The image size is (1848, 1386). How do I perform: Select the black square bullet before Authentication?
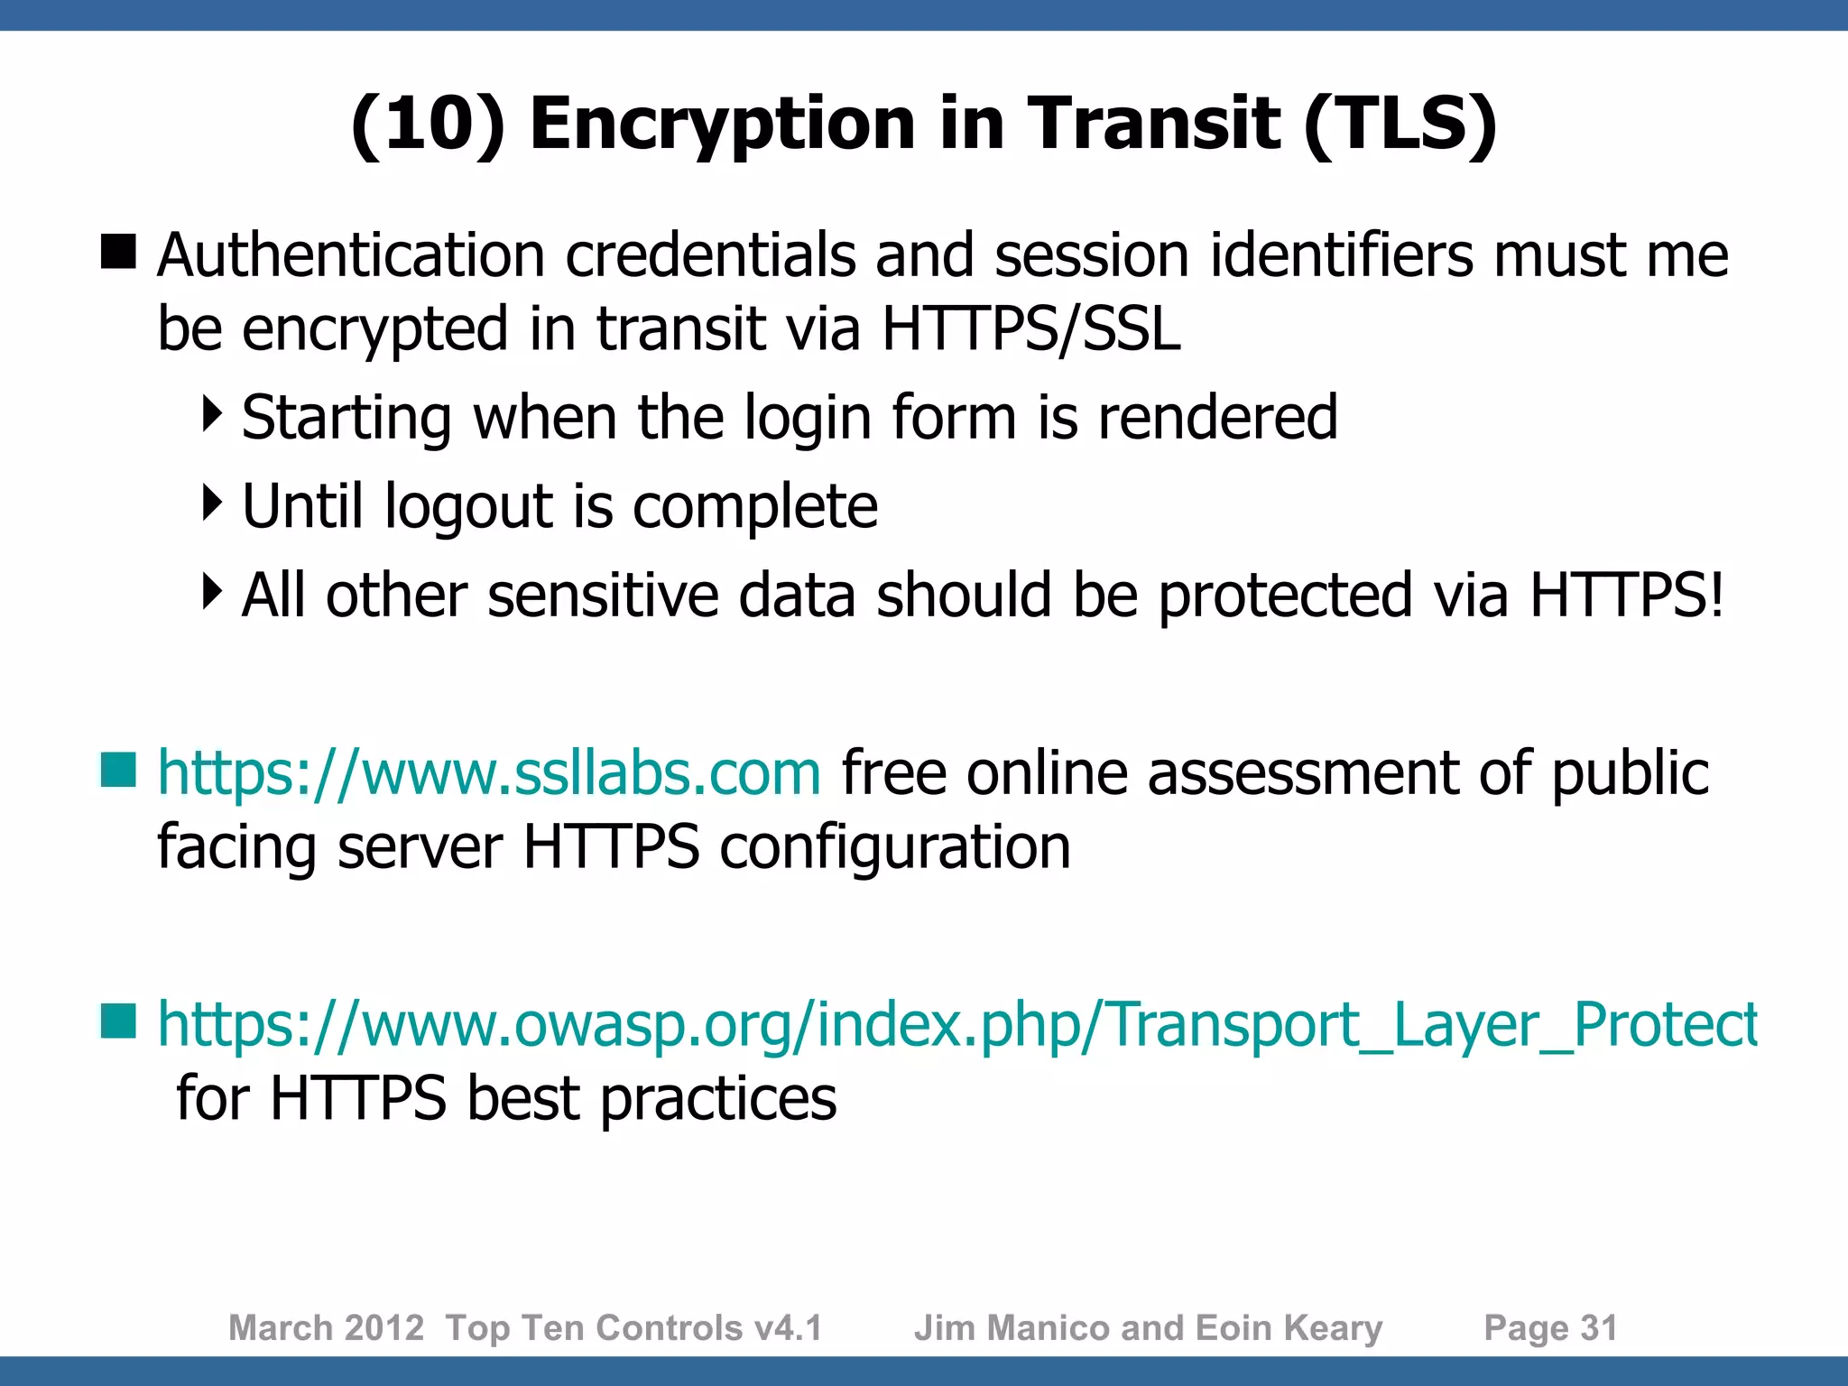[118, 252]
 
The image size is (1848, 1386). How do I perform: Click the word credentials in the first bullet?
[709, 254]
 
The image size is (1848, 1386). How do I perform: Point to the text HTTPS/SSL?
[1030, 328]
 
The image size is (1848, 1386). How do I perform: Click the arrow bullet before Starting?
[212, 414]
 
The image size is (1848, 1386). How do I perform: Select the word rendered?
[1217, 418]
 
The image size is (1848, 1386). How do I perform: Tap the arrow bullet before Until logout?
[212, 504]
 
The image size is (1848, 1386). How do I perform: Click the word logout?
[468, 507]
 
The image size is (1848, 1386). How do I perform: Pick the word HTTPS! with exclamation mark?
[1627, 596]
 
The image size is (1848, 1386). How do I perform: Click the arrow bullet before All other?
[212, 592]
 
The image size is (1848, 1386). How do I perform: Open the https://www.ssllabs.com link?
[489, 773]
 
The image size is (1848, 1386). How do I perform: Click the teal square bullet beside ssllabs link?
[118, 770]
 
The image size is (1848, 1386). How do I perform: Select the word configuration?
[895, 846]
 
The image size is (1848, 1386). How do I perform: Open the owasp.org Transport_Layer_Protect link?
[956, 1025]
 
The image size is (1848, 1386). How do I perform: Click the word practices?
[718, 1098]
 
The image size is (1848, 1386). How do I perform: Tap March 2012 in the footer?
[326, 1328]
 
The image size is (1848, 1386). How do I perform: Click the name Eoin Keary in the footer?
[1289, 1328]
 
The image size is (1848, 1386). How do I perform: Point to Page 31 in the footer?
[1550, 1328]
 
